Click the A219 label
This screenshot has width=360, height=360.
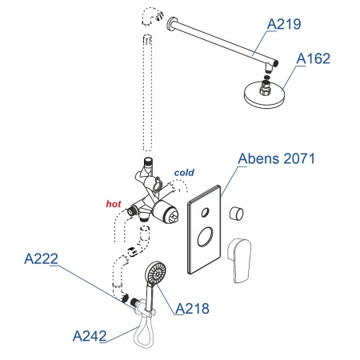point(283,24)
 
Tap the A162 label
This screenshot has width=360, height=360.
point(313,58)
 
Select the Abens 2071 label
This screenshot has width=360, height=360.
point(277,159)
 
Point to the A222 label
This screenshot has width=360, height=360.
point(41,258)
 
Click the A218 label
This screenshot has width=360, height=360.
point(191,307)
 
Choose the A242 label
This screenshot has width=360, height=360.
point(90,335)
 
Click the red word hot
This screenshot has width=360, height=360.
point(114,204)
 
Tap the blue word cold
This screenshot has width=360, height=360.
point(185,172)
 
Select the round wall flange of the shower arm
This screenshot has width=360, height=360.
point(170,26)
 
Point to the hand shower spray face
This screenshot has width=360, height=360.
point(155,274)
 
